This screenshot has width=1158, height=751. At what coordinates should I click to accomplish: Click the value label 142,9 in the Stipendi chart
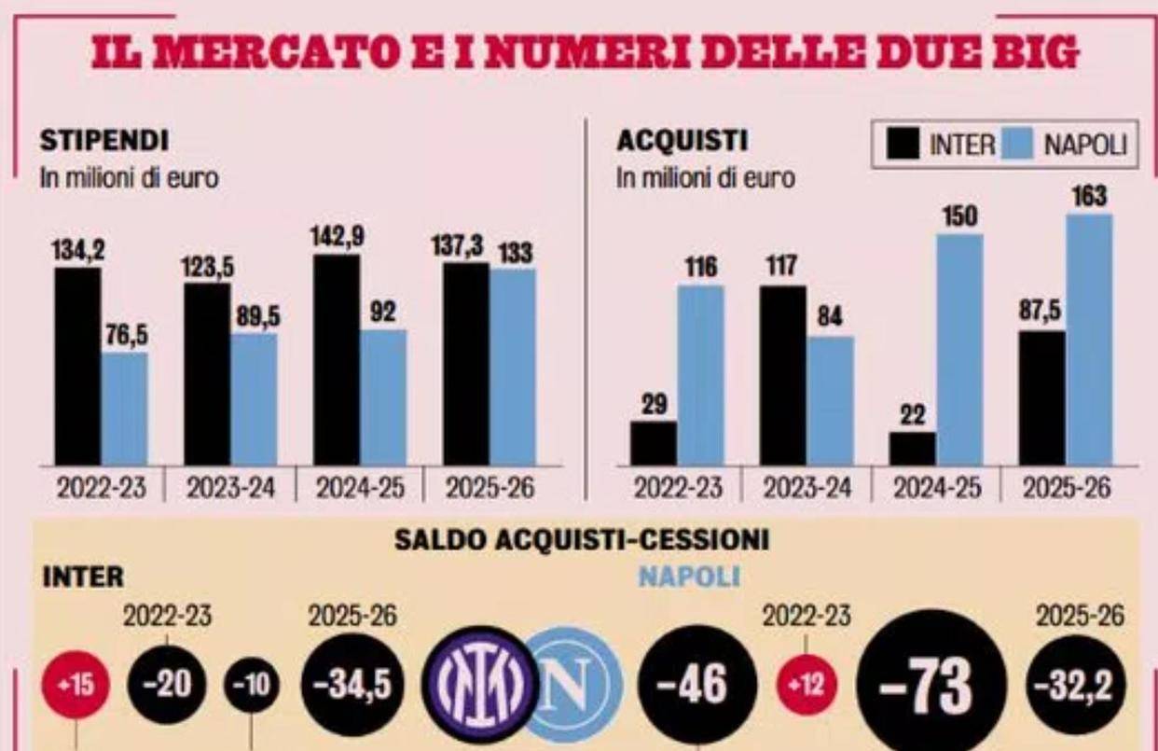pos(337,237)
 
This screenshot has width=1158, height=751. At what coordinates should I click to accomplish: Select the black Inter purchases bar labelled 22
pos(913,448)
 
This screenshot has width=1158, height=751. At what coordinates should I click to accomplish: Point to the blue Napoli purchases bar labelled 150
pos(959,349)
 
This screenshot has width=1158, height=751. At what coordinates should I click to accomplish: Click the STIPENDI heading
pos(103,142)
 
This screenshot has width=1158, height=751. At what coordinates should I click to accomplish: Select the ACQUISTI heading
pos(670,142)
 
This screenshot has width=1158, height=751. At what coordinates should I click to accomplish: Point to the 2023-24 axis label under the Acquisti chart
pos(806,489)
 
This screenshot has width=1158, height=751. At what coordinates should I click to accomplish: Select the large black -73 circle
pos(931,687)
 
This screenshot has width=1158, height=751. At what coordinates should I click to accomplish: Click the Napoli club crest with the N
pos(571,685)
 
